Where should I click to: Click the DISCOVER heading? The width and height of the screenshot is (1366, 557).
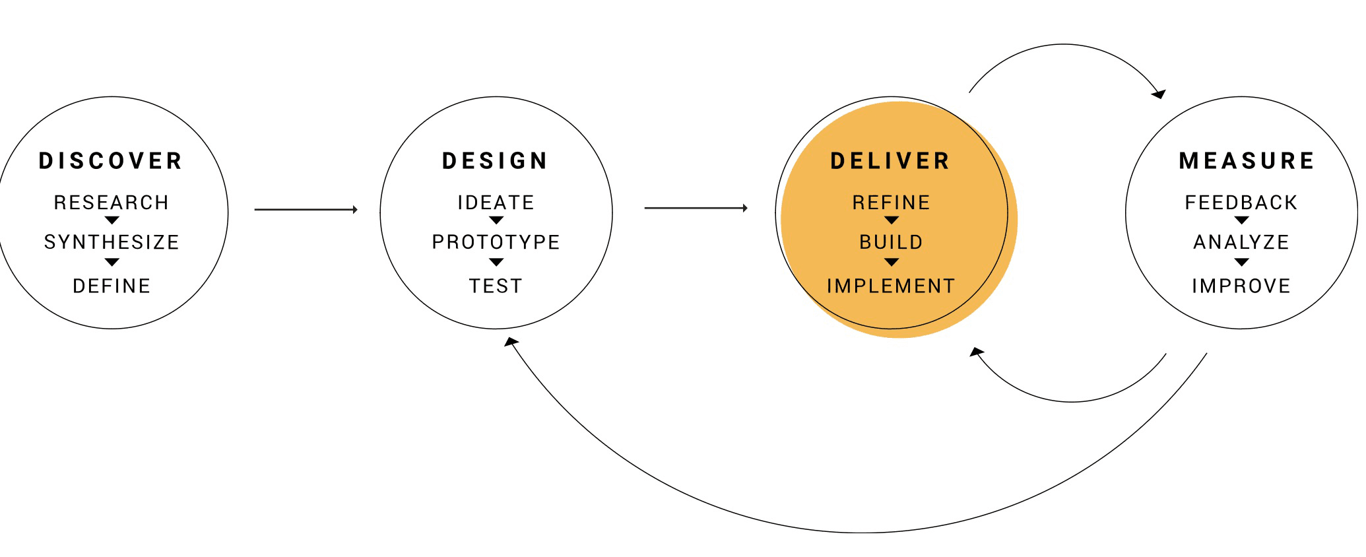pyautogui.click(x=110, y=161)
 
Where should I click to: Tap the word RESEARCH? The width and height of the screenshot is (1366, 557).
pyautogui.click(x=112, y=203)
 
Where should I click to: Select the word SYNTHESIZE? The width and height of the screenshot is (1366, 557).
pyautogui.click(x=112, y=242)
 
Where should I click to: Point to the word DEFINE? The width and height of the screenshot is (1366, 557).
pyautogui.click(x=112, y=286)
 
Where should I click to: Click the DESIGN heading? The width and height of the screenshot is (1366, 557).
pyautogui.click(x=495, y=161)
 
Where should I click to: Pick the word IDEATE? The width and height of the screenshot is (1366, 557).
pyautogui.click(x=496, y=203)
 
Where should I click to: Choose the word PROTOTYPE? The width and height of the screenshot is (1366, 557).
pyautogui.click(x=496, y=242)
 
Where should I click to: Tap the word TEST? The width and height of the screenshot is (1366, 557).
pyautogui.click(x=496, y=286)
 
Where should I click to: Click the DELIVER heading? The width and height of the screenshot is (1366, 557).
pyautogui.click(x=890, y=161)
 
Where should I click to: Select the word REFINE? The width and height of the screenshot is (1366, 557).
pyautogui.click(x=891, y=203)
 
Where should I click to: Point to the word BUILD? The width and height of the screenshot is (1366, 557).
pyautogui.click(x=891, y=242)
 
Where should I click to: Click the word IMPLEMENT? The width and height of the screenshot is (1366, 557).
pyautogui.click(x=891, y=286)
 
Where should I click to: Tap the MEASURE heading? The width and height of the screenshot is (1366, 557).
pyautogui.click(x=1247, y=161)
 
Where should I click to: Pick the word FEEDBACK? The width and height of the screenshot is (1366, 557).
pyautogui.click(x=1241, y=203)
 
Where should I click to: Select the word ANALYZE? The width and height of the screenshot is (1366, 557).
pyautogui.click(x=1241, y=242)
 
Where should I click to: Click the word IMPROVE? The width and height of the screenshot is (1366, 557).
pyautogui.click(x=1241, y=286)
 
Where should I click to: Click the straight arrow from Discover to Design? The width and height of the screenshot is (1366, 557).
pyautogui.click(x=306, y=210)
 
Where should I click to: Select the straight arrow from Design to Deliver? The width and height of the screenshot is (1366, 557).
pyautogui.click(x=696, y=208)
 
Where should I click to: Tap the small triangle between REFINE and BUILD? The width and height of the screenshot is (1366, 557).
pyautogui.click(x=892, y=220)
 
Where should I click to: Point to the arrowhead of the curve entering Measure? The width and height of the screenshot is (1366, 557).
pyautogui.click(x=1159, y=94)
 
